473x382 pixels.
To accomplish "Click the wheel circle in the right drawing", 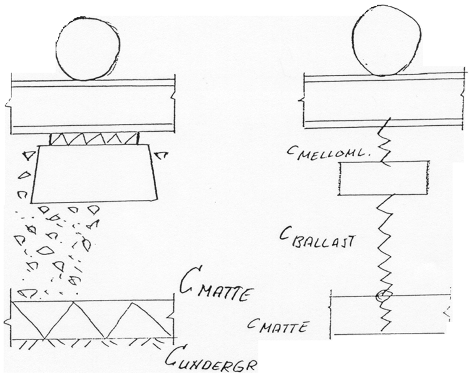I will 386,41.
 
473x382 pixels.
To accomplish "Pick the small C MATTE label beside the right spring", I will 278,326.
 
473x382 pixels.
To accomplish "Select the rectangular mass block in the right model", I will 383,178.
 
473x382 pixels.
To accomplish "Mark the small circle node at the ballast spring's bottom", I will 384,295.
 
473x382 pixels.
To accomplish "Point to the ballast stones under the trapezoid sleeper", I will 56,248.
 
